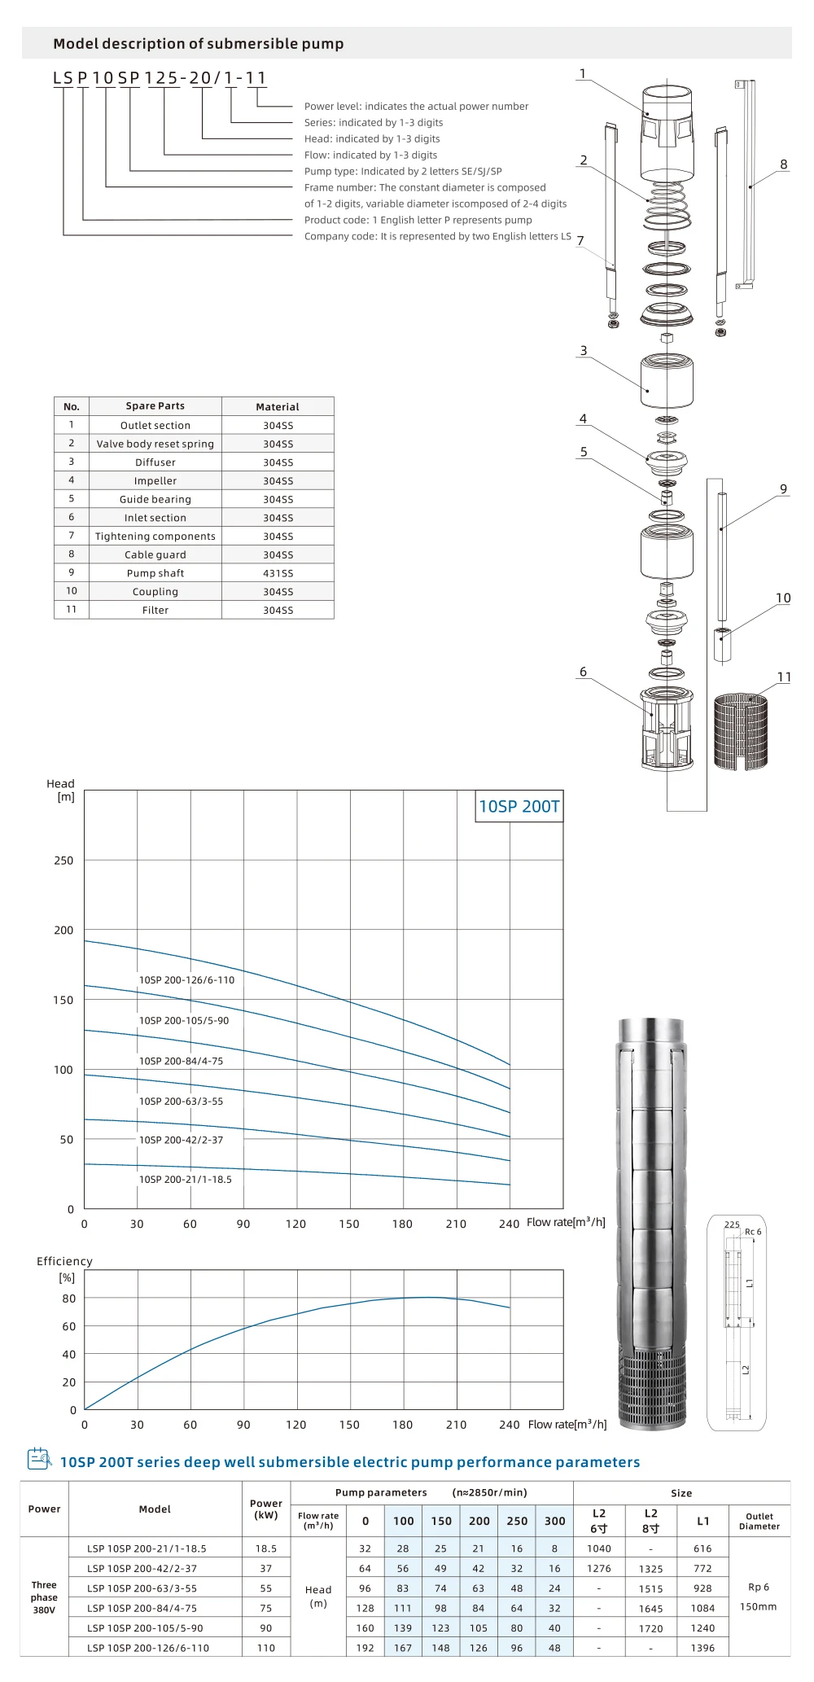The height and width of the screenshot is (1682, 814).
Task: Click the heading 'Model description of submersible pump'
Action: (x=198, y=44)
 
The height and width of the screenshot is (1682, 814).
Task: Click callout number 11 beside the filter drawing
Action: (x=784, y=677)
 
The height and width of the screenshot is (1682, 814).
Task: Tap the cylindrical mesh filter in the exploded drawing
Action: (x=740, y=731)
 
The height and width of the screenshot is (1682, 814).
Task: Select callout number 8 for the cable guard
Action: (x=784, y=164)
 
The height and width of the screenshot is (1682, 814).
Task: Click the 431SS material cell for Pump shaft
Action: (x=278, y=573)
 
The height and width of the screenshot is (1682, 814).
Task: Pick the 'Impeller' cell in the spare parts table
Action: (x=155, y=481)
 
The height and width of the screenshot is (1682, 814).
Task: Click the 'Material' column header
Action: (x=278, y=407)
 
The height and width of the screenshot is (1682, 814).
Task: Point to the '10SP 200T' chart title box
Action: (x=519, y=806)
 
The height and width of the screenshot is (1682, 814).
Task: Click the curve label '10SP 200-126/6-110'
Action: (x=186, y=980)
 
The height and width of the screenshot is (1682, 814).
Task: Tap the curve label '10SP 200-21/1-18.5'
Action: (x=186, y=1180)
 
